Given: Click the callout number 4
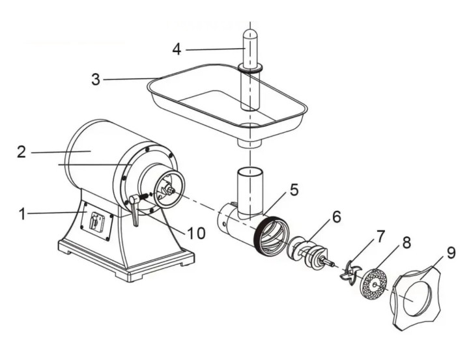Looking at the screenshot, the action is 177,49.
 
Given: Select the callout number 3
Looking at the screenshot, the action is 96,79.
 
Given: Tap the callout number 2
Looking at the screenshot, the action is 21,152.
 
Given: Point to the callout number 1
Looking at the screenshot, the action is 22,214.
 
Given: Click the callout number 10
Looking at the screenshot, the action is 196,232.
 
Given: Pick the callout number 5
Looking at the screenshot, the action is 294,189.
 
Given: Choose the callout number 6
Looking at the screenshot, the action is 337,217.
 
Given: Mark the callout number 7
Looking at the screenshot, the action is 380,236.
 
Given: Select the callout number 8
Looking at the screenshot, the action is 406,243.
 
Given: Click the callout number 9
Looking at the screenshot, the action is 451,253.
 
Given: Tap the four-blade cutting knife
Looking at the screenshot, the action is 348,272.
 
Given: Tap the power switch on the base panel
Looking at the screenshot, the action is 96,221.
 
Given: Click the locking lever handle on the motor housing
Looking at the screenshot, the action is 135,210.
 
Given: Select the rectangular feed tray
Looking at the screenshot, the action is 227,99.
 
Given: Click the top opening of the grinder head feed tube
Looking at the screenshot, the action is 250,172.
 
